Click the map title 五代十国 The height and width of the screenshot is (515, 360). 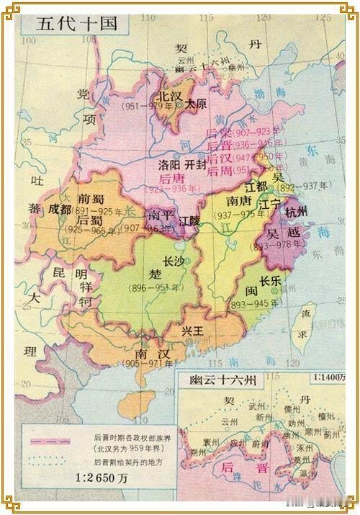click(x=70, y=22)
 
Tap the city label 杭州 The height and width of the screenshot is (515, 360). click(x=296, y=211)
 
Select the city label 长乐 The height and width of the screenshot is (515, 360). click(x=270, y=282)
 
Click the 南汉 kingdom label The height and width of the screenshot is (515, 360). click(x=151, y=354)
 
